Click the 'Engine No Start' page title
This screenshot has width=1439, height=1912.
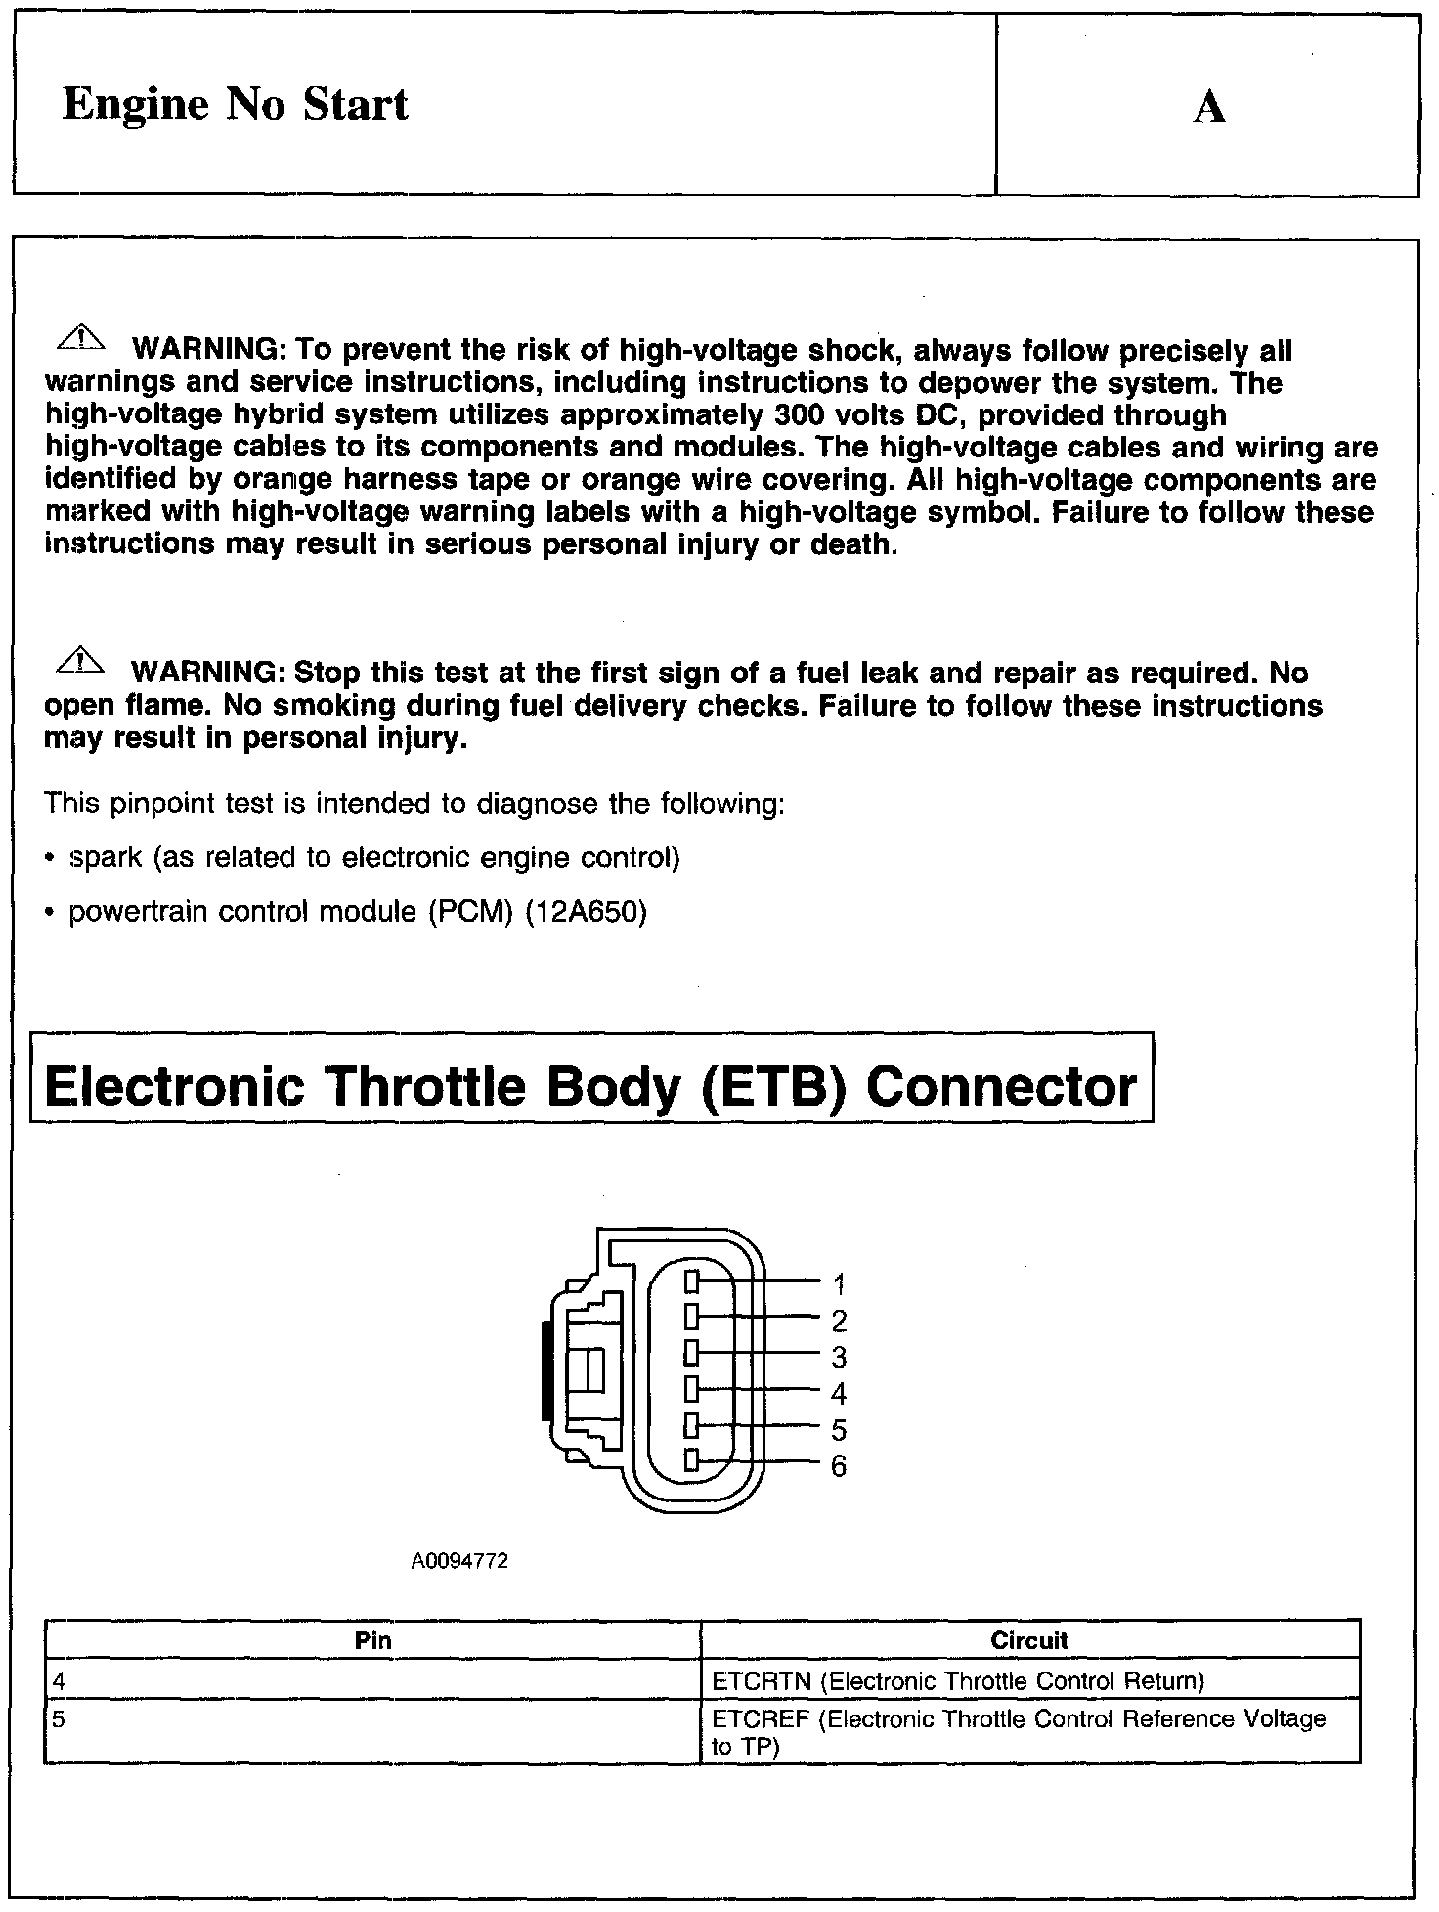pos(235,105)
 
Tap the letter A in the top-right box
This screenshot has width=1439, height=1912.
pos(1209,107)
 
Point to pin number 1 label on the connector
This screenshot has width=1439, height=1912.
pos(839,1283)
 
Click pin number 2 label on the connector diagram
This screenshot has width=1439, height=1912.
pos(839,1321)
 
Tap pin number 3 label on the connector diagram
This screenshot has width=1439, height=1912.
pos(839,1357)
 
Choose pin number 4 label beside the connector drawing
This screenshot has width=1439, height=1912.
pos(839,1394)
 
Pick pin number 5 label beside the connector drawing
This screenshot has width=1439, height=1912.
pos(839,1430)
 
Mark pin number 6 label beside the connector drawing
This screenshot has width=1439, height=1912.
pos(839,1466)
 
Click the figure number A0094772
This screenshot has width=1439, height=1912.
pos(459,1562)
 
